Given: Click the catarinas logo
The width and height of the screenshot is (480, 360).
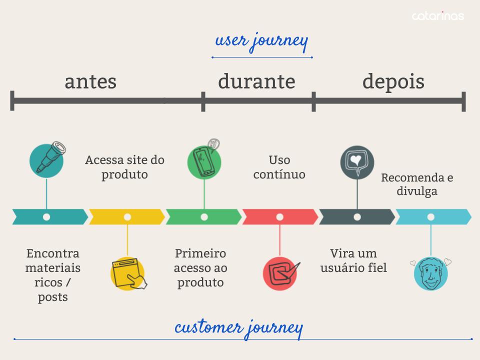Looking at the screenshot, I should tap(437, 16).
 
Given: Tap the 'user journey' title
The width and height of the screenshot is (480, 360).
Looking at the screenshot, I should tap(261, 41).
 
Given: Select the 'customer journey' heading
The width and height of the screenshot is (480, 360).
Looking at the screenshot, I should tap(239, 328).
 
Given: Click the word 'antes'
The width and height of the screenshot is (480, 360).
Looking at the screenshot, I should tap(90, 81).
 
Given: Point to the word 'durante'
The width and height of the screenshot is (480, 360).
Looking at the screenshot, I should tap(256, 81).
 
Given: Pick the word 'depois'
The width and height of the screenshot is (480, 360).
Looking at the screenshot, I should tap(393, 81).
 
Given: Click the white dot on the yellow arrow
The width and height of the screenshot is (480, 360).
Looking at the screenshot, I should tap(127, 217).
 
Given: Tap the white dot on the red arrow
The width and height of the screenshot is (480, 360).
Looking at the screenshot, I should tap(280, 217).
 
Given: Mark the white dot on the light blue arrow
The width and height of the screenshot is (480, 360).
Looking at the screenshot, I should tap(430, 217).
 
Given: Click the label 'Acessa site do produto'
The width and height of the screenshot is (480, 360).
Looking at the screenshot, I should tap(125, 167).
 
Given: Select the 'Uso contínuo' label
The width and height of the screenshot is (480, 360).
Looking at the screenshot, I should tap(279, 167).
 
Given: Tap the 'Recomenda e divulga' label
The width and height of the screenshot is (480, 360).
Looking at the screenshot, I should tap(417, 184).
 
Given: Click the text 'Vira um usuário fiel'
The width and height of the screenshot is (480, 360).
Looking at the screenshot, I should tap(353, 260).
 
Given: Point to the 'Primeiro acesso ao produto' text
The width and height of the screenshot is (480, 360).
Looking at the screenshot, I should tap(200, 267).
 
